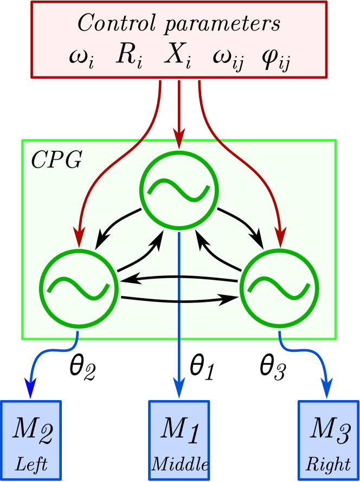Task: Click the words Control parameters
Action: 179,23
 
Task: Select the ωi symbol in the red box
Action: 82,58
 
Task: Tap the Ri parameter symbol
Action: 129,57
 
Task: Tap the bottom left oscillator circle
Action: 79,286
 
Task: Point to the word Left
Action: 31,464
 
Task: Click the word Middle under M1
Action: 179,464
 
